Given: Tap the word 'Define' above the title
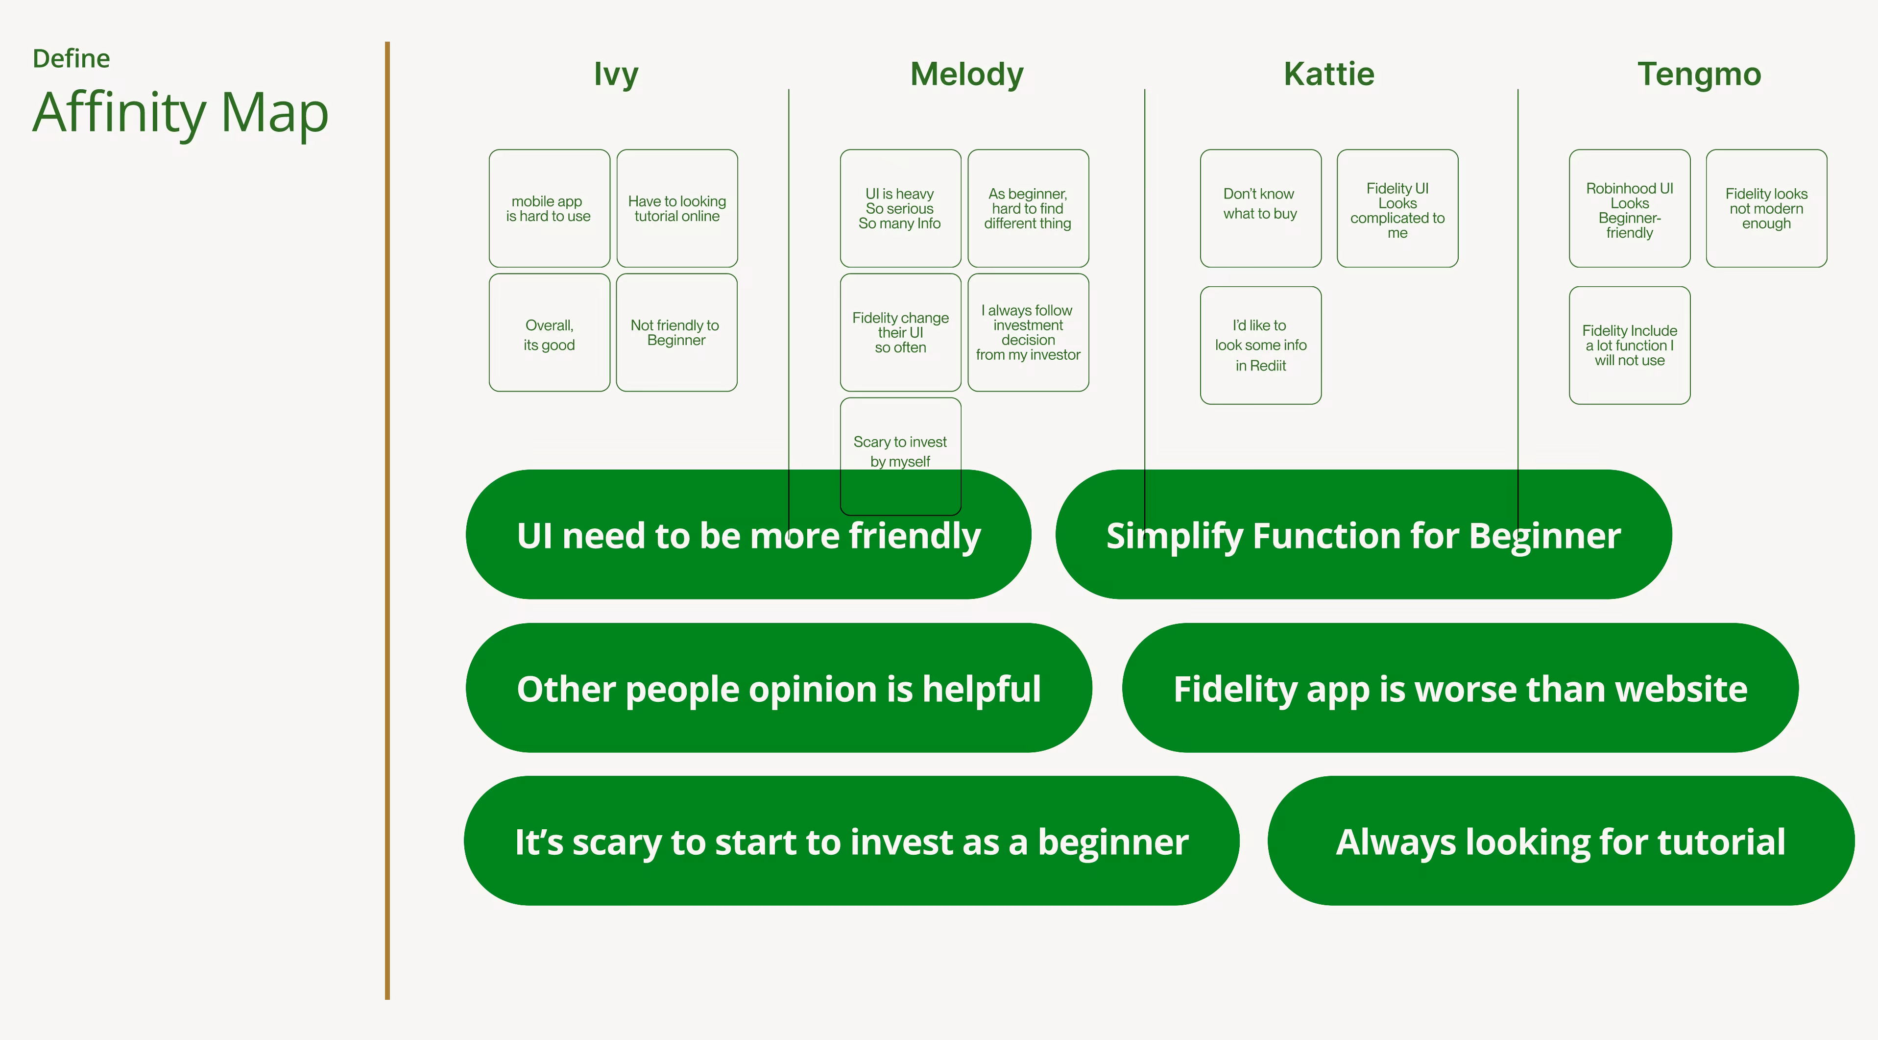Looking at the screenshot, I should click(x=72, y=58).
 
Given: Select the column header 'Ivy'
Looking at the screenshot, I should click(x=616, y=74).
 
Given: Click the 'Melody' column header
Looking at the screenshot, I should click(x=967, y=74).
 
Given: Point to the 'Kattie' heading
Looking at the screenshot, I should click(x=1329, y=74).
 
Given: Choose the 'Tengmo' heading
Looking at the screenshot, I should click(x=1699, y=74).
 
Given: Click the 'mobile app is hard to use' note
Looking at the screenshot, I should click(x=549, y=209).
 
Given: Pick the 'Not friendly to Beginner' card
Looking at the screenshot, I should click(x=676, y=333).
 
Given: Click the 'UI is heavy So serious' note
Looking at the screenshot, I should click(x=900, y=209).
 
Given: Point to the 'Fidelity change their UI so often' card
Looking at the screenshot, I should click(x=900, y=333).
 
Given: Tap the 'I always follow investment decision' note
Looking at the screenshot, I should click(x=1028, y=333).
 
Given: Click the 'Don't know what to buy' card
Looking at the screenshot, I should click(x=1260, y=209).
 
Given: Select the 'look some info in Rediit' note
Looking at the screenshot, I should click(x=1260, y=345).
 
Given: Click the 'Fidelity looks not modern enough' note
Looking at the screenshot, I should click(x=1766, y=209).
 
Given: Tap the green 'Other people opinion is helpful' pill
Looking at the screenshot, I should click(x=779, y=688).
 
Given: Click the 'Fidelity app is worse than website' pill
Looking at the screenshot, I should click(x=1460, y=688).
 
